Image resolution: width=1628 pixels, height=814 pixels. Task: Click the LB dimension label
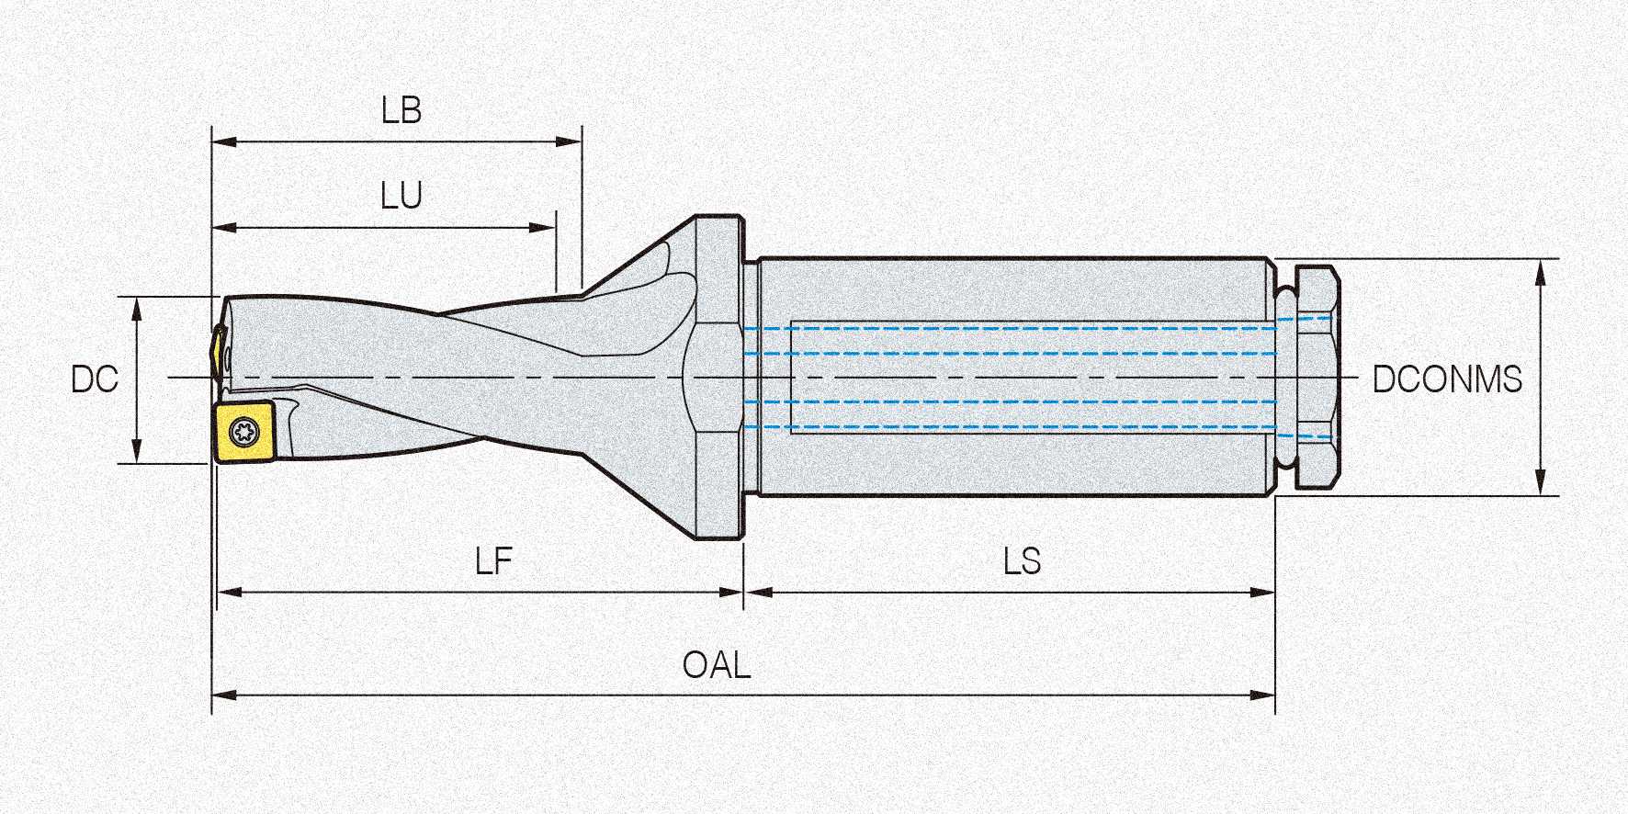click(x=401, y=111)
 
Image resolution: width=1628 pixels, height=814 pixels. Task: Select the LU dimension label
click(x=401, y=196)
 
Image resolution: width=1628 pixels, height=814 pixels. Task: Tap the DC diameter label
click(x=95, y=379)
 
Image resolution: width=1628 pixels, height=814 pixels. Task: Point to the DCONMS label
click(x=1447, y=379)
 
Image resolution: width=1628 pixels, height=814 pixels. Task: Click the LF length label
click(x=493, y=561)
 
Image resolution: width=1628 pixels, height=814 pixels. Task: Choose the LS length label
click(x=1022, y=561)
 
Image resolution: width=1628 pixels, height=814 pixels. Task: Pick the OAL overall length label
click(x=717, y=665)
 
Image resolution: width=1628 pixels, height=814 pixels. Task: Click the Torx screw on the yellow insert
click(x=245, y=429)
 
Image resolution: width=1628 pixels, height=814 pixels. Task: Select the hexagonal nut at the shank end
click(x=1314, y=378)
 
